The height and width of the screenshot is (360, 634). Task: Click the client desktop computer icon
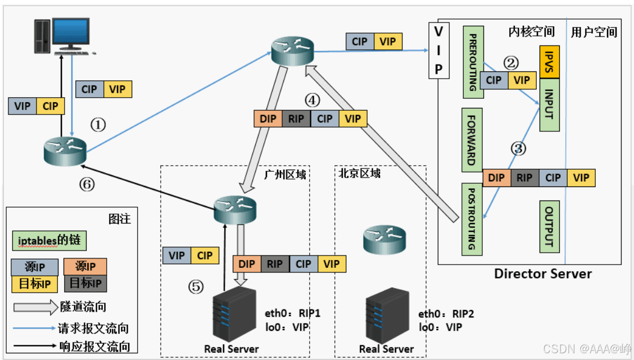pos(65,36)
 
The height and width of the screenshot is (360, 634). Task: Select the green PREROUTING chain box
pos(473,62)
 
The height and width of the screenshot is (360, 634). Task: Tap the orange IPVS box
pos(550,62)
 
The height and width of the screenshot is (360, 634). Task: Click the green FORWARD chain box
pos(472,140)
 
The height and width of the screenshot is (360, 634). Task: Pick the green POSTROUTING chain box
pos(472,219)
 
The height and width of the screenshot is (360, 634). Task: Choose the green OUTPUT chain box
pos(550,226)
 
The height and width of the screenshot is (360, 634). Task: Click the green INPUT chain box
pos(550,104)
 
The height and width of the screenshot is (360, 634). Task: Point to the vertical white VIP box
pos(439,51)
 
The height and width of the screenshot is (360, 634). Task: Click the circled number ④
pos(312,100)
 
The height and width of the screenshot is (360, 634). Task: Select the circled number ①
pos(98,125)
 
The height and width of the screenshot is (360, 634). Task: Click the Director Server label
pos(542,274)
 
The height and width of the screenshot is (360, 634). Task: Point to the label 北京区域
pos(360,174)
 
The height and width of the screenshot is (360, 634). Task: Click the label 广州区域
pos(285,175)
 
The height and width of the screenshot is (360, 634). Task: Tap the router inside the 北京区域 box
pos(384,239)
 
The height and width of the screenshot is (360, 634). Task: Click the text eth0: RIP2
pos(446,314)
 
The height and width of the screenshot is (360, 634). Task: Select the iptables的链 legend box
pos(49,240)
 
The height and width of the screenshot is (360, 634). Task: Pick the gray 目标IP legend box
pos(85,283)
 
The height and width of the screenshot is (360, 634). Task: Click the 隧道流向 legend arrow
pos(35,307)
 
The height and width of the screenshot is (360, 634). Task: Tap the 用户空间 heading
pos(594,32)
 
